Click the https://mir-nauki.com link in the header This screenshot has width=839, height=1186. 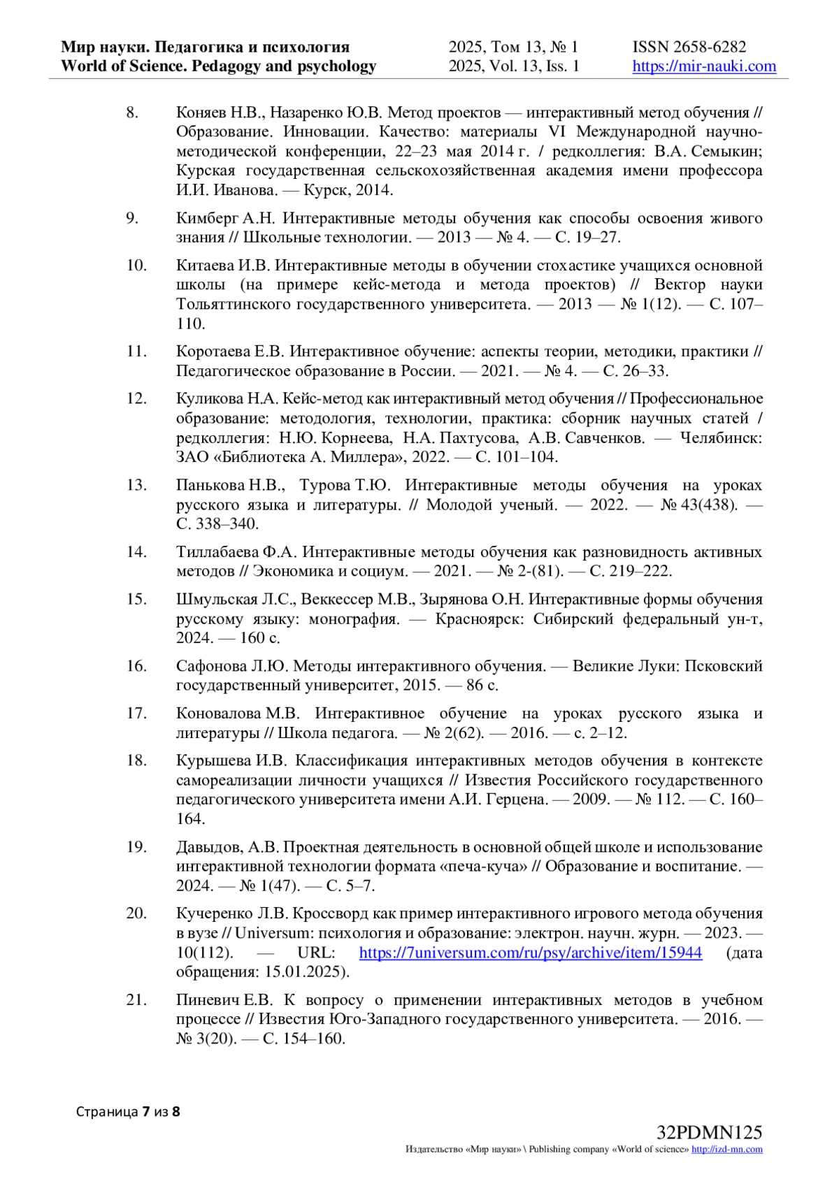(704, 66)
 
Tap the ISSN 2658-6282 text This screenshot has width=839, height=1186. (689, 47)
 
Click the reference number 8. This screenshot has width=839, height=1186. (132, 112)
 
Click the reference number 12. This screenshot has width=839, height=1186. (136, 398)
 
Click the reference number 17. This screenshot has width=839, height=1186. (136, 713)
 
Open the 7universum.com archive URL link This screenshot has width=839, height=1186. (530, 953)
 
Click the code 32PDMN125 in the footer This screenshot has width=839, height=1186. (709, 1133)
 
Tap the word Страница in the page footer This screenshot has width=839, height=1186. (107, 1111)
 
